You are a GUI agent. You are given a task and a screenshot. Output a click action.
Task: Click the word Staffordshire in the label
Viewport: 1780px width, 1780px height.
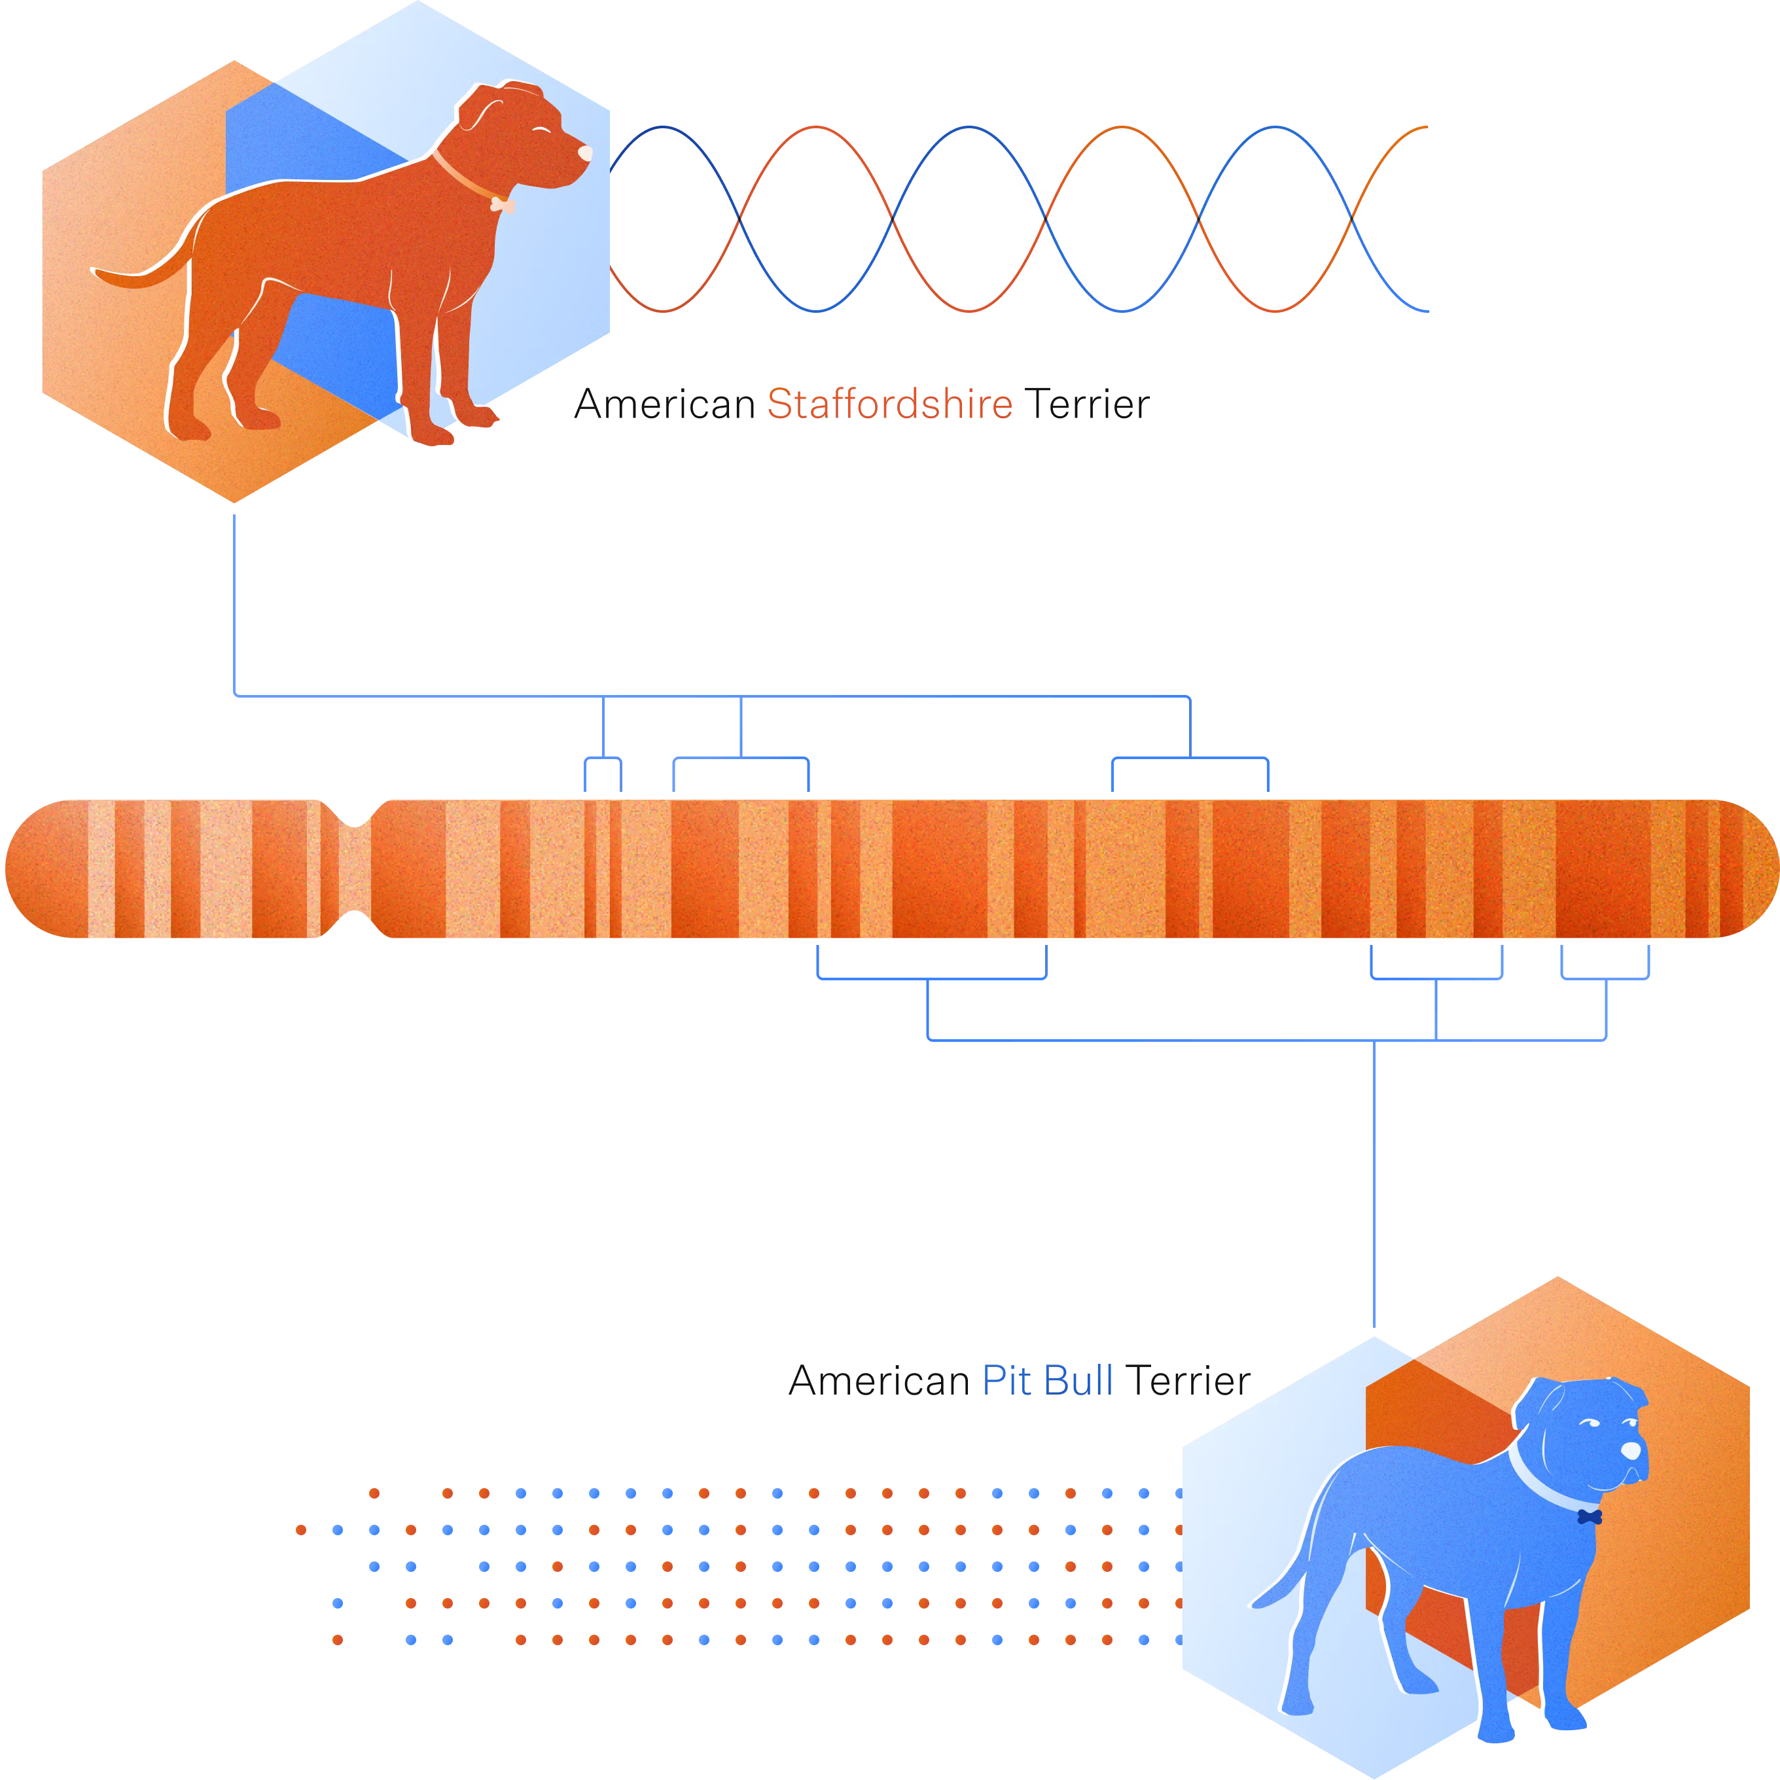[x=889, y=404]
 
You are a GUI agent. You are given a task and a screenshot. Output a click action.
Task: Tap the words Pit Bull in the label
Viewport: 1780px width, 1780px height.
[x=1048, y=1381]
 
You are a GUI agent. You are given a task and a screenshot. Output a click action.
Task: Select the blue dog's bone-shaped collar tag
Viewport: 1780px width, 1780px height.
[x=1590, y=1516]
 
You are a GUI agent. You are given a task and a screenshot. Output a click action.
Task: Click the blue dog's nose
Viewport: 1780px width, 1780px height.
[x=1631, y=1450]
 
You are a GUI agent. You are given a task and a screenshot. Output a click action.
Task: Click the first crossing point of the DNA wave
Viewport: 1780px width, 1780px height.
[x=740, y=219]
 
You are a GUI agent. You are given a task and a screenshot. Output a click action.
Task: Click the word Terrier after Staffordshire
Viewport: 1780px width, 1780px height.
[x=1086, y=404]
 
